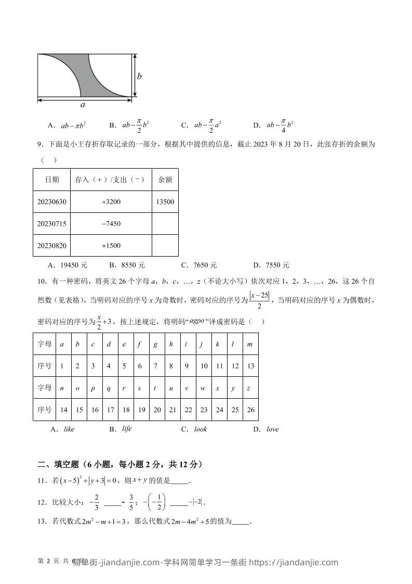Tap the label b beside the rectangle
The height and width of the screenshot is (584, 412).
[x=139, y=77]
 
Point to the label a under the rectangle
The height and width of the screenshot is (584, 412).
[x=83, y=105]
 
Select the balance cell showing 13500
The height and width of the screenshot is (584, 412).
[x=165, y=202]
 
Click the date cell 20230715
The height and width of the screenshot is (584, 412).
[x=52, y=224]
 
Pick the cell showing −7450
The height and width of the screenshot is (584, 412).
[x=111, y=224]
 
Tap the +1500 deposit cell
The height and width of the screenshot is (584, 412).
[x=111, y=246]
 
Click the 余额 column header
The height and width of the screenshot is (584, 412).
[x=165, y=180]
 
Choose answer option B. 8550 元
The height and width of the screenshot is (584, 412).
[x=127, y=265]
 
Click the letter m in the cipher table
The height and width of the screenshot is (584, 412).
[x=250, y=344]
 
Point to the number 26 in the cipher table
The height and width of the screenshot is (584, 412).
[x=250, y=410]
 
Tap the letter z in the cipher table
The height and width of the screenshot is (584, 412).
[x=249, y=388]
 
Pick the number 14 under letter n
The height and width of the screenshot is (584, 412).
[x=63, y=410]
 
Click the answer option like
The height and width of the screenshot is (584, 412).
[x=69, y=429]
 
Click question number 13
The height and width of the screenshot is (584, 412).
[x=43, y=522]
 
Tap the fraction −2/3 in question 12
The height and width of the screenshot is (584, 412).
[x=94, y=503]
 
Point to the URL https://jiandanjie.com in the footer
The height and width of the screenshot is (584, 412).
[x=294, y=562]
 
